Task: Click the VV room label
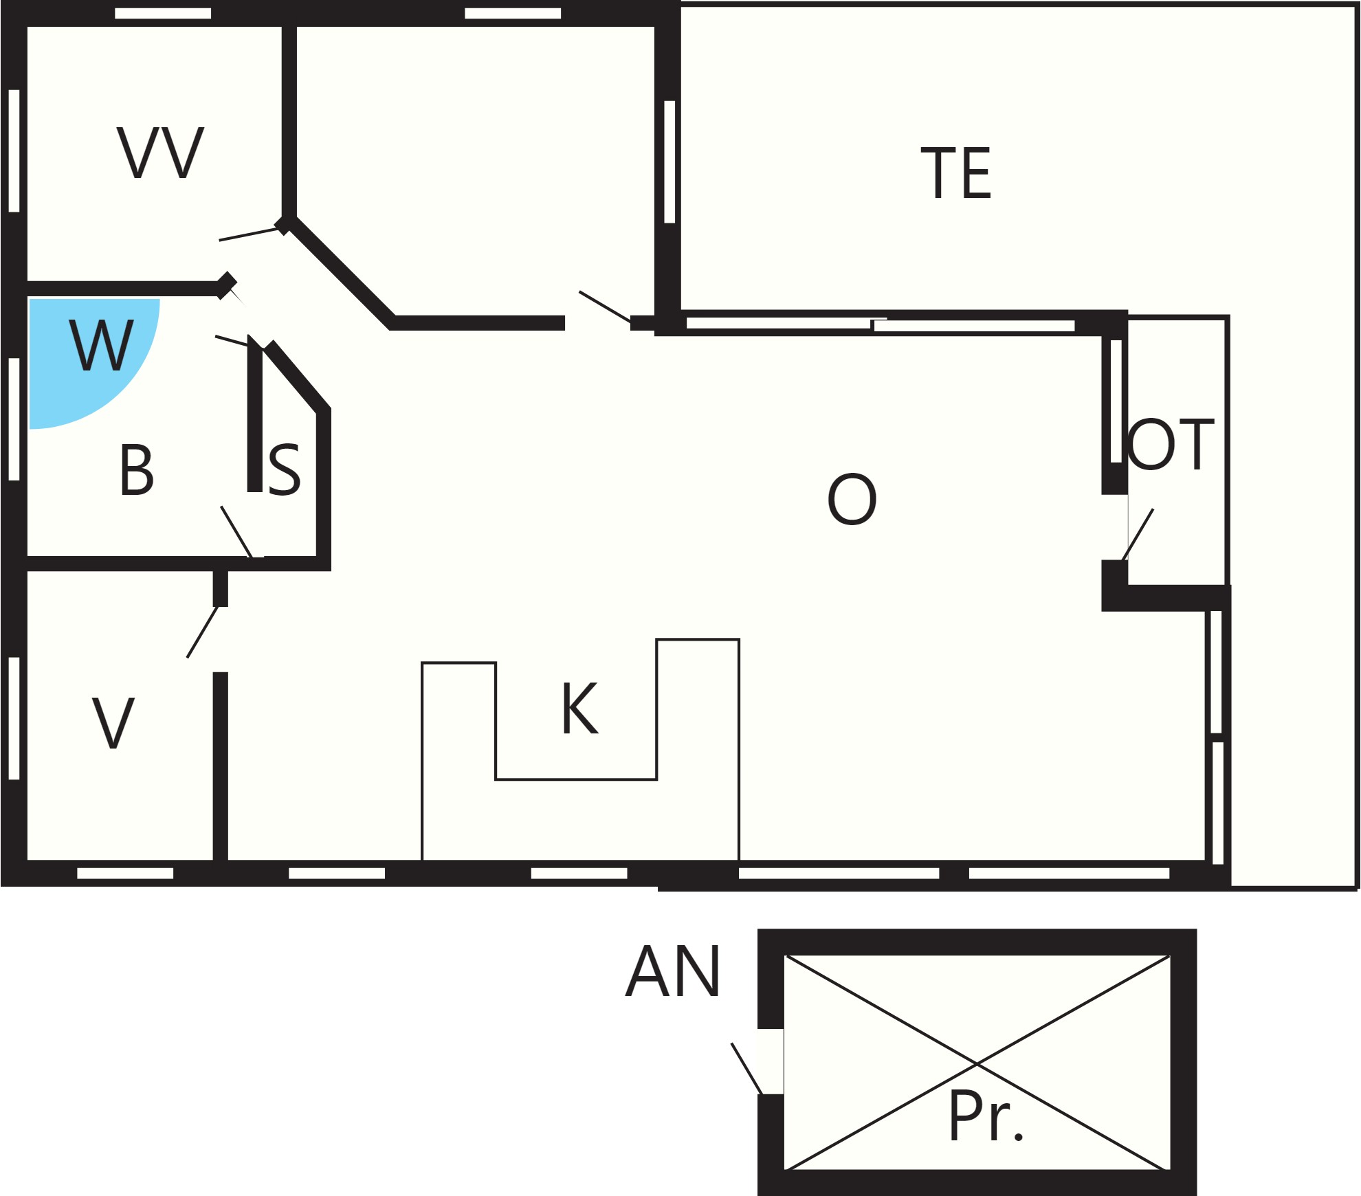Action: [160, 153]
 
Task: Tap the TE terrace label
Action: [956, 173]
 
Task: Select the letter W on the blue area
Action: [102, 345]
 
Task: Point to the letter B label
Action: [136, 469]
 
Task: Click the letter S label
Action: [284, 469]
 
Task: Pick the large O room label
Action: [852, 499]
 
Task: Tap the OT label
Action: [1171, 444]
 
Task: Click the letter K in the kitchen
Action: [580, 708]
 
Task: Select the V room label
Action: [113, 722]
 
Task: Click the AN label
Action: [673, 971]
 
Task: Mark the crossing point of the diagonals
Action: [977, 1063]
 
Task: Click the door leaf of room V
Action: [203, 632]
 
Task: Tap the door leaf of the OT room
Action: [1138, 535]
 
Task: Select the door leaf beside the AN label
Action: [747, 1069]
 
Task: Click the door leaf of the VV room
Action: [250, 234]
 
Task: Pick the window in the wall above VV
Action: [163, 14]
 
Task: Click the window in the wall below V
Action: [125, 873]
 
